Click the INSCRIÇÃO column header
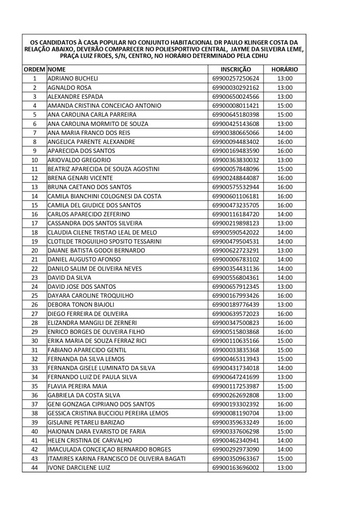tap(235, 70)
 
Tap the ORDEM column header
tap(34, 70)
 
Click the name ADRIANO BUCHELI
tap(72, 78)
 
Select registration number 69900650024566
tap(235, 96)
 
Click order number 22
tap(35, 269)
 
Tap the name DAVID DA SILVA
tap(69, 278)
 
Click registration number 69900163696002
tap(235, 467)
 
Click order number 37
tap(35, 404)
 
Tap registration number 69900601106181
tap(235, 196)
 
